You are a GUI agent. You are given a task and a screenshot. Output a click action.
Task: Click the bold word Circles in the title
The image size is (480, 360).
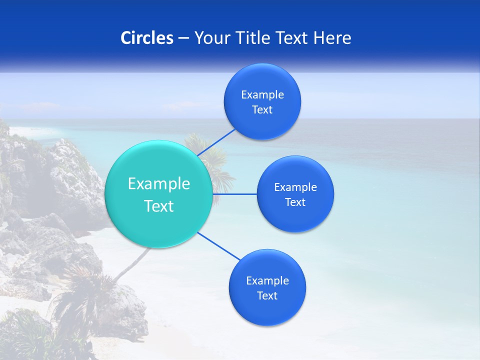146,38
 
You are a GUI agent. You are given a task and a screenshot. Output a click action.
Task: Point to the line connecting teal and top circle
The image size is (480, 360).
216,141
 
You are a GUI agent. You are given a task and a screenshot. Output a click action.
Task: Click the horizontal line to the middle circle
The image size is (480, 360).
234,194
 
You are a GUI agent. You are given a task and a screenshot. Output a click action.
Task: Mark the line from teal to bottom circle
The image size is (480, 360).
218,246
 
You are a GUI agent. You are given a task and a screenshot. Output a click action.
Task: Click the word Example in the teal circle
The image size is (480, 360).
159,184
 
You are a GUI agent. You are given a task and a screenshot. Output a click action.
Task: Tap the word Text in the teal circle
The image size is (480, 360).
159,206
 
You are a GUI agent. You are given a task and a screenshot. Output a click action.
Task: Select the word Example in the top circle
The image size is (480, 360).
262,95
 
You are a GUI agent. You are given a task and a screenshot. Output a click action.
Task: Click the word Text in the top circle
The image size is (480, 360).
262,110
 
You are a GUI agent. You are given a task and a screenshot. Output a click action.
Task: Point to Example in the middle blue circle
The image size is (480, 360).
295,187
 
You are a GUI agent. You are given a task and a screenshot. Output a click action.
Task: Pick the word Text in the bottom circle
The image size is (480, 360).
267,296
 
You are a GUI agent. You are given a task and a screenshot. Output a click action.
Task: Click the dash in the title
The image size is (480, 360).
183,38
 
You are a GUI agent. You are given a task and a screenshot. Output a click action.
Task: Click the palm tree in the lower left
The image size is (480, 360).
80,295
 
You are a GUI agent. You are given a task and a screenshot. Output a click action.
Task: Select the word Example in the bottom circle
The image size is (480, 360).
267,281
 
